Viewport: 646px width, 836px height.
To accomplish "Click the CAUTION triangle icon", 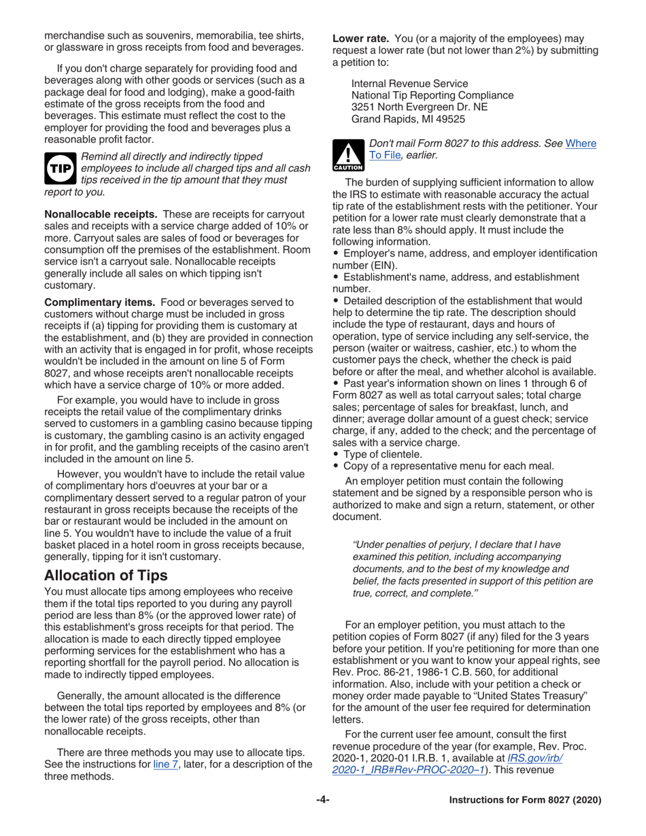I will (x=347, y=155).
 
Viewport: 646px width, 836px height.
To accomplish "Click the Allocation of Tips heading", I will (x=105, y=575).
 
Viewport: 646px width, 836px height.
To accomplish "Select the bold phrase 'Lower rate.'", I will (x=359, y=38).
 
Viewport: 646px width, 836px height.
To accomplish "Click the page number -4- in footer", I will (x=322, y=800).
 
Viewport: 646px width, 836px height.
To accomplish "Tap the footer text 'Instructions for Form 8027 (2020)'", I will (x=526, y=800).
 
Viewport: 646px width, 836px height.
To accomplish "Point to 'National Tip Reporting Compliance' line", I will (x=432, y=95).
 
